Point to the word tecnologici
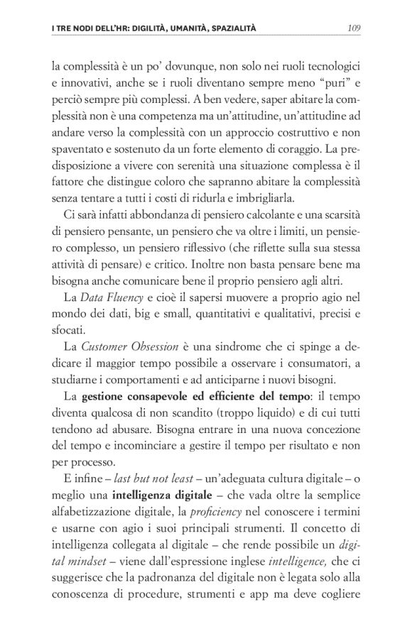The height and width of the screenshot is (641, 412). pos(331,67)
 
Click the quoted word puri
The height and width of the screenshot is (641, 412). pos(332,83)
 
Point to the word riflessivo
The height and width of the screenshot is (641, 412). pos(198,246)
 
